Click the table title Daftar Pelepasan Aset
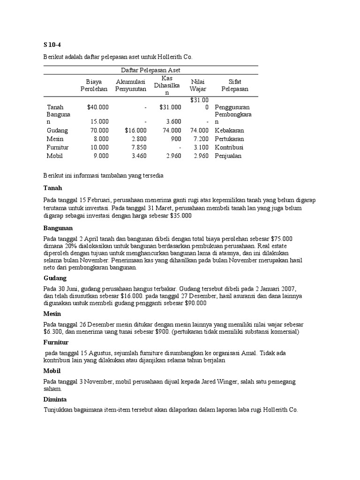(150, 70)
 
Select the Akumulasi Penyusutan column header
(131, 85)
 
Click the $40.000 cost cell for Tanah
(97, 107)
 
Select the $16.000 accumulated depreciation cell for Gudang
(135, 130)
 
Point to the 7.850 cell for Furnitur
(139, 148)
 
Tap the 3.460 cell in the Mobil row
(139, 156)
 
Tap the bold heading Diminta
(55, 399)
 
